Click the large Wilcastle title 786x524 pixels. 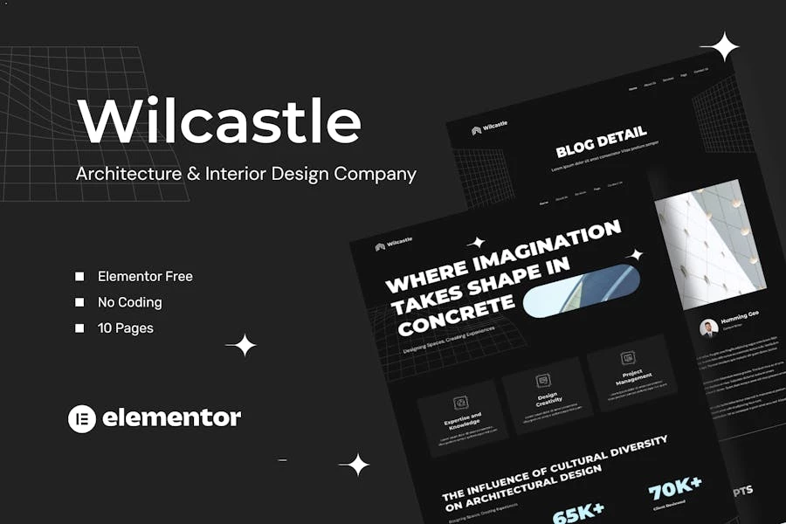click(x=218, y=121)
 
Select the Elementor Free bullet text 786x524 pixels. click(x=145, y=276)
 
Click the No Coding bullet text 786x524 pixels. click(x=129, y=302)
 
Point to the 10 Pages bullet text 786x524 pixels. click(x=126, y=328)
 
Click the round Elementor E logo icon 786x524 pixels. click(x=81, y=418)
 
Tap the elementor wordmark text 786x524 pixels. click(x=171, y=418)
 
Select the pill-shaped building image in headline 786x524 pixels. click(x=581, y=290)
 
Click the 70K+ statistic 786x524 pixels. click(x=675, y=486)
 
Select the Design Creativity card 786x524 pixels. click(x=548, y=394)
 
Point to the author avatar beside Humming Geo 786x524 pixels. click(x=708, y=327)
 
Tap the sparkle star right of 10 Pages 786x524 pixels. click(x=241, y=345)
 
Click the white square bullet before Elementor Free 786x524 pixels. click(x=79, y=276)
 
